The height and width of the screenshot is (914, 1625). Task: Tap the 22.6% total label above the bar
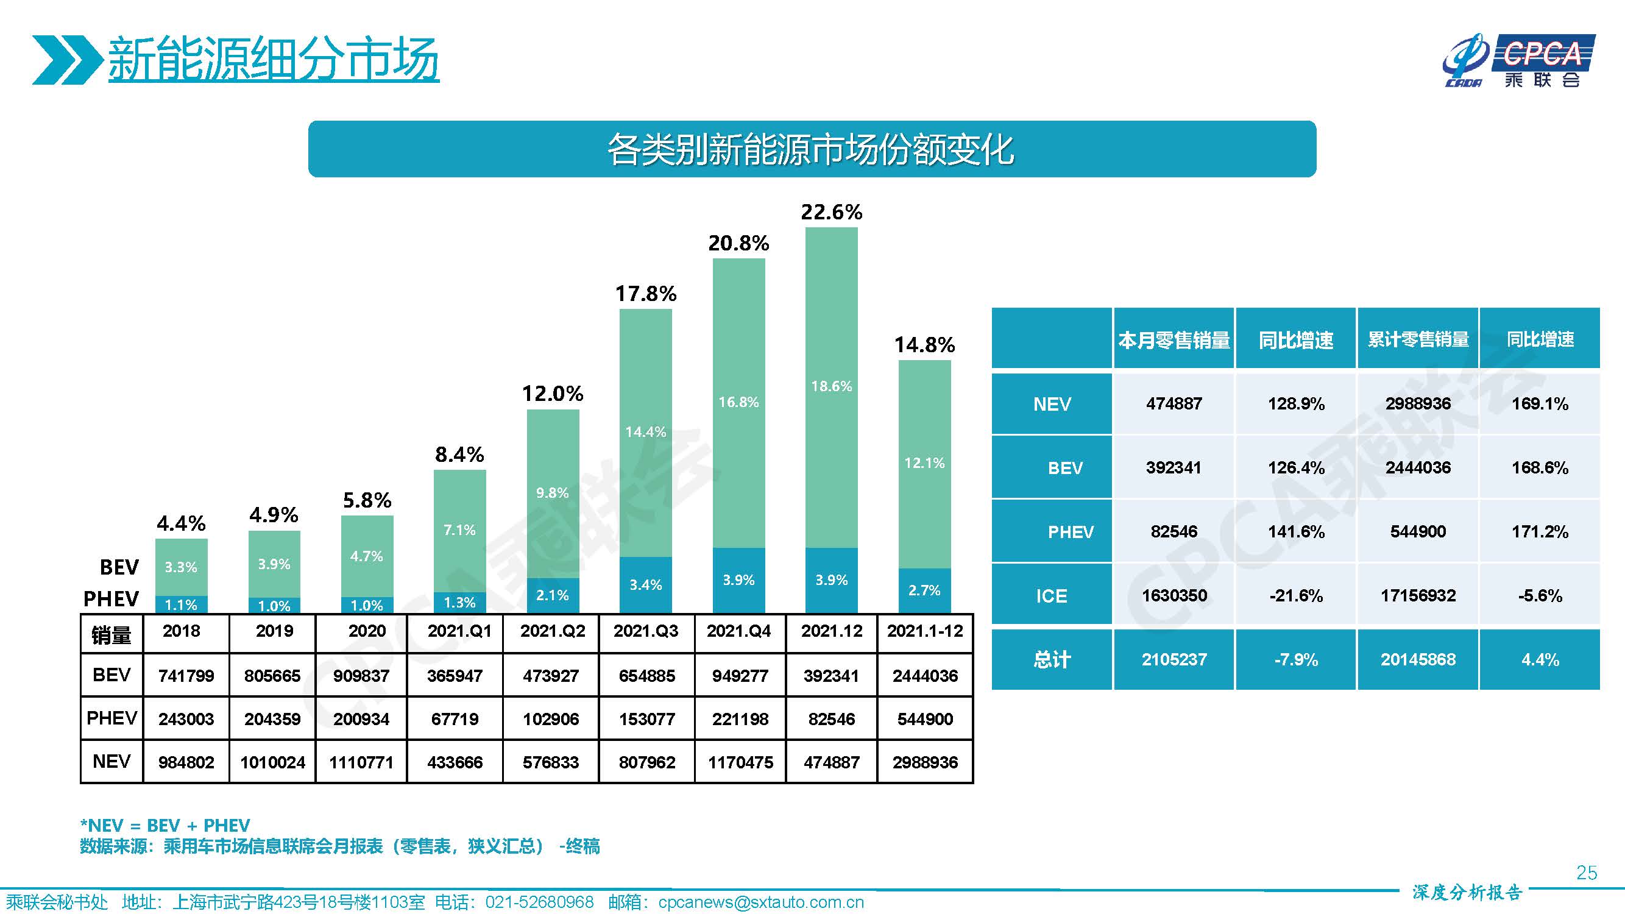[832, 213]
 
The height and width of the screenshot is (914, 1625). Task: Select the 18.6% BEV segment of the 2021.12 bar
[832, 386]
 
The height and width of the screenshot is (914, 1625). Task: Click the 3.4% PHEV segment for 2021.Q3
[645, 585]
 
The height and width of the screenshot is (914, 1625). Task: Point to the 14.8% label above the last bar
[924, 345]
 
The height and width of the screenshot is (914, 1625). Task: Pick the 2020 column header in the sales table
[367, 631]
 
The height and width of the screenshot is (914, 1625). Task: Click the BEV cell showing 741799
[186, 676]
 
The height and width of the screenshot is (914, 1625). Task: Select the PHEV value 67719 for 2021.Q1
[454, 719]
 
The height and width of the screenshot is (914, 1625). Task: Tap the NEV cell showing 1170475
[740, 763]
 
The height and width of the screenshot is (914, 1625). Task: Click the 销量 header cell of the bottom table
[111, 634]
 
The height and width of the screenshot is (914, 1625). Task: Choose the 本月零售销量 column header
[1174, 340]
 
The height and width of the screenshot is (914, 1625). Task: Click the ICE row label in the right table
[1052, 596]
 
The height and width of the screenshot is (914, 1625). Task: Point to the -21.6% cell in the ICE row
[1296, 596]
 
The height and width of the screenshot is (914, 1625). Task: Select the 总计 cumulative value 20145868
[1417, 660]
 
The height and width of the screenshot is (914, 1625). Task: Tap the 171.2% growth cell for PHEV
[1539, 532]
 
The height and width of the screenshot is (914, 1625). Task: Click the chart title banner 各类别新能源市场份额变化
[811, 149]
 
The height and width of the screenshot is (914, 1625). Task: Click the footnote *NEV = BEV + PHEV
[165, 825]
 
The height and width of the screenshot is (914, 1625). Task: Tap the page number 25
[1587, 873]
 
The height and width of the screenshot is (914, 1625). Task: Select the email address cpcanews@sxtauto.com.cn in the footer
[761, 902]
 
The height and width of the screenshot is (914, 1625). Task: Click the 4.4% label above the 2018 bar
[181, 523]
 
